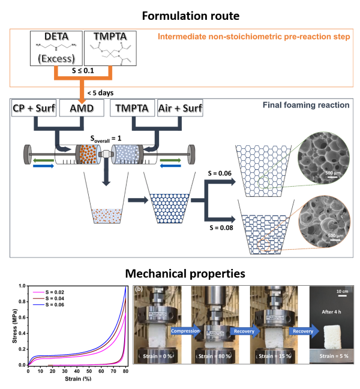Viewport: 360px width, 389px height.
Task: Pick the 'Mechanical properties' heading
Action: (x=179, y=274)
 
